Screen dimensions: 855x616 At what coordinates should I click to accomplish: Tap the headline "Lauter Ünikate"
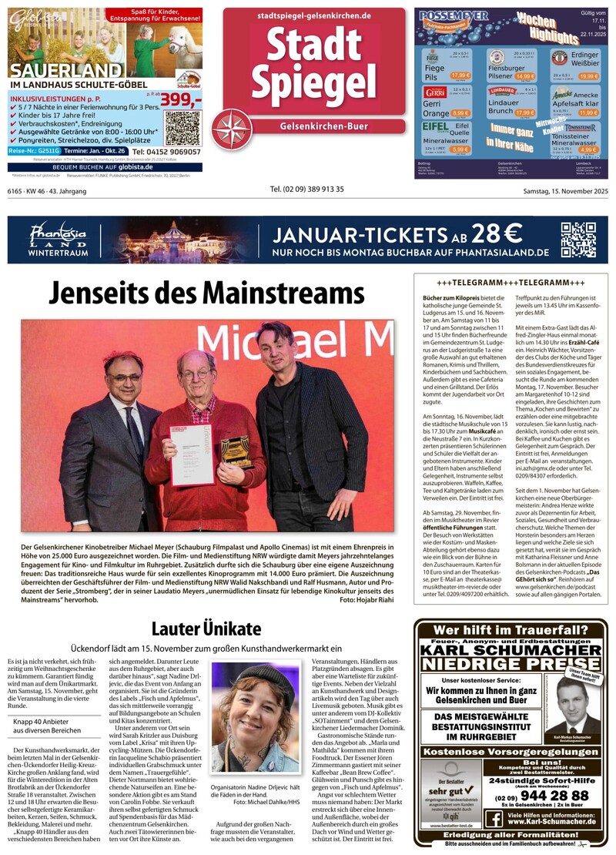coord(206,628)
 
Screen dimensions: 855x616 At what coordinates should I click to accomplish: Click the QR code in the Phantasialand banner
coord(577,239)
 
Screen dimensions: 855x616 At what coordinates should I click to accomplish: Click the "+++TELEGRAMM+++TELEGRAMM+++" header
coord(511,283)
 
